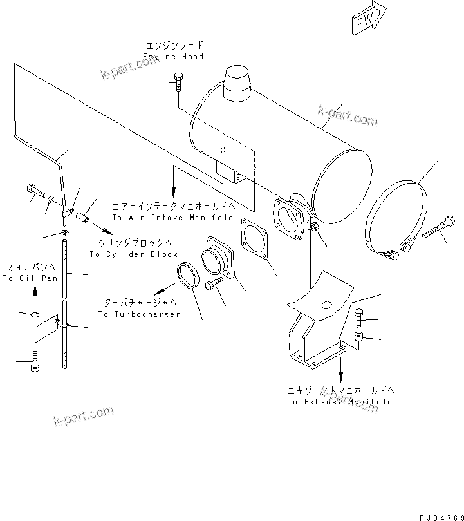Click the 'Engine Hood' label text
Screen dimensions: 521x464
[173, 57]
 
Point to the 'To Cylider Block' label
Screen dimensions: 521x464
[134, 254]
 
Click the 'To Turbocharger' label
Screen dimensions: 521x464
[139, 314]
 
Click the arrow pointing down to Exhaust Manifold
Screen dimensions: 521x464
[340, 374]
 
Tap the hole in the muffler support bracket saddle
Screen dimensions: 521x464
[327, 305]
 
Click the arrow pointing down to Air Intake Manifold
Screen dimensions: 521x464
[172, 191]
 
